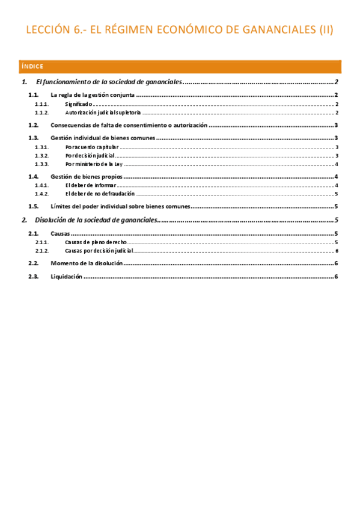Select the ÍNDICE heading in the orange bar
[31, 66]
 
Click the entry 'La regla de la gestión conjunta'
[93, 95]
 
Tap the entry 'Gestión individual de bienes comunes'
[103, 138]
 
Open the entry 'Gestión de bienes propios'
[87, 176]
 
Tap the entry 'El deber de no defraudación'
[99, 194]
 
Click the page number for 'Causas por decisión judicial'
[338, 250]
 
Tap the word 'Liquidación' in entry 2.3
[66, 276]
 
